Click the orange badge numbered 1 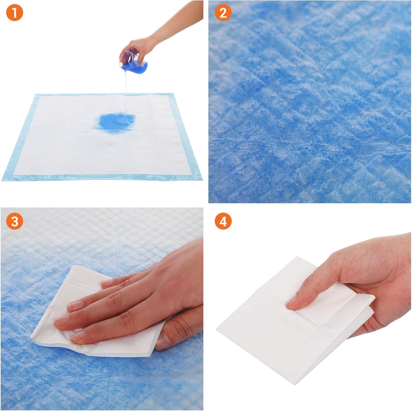point(14,13)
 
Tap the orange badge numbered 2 point(223,13)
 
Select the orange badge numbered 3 point(14,221)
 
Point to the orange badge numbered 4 point(223,221)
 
